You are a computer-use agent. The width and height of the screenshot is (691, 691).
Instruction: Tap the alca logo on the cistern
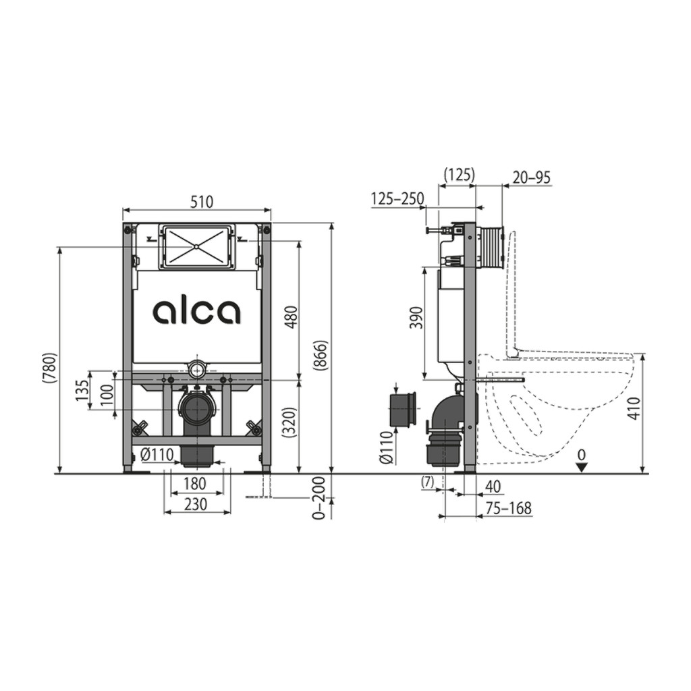[x=196, y=312]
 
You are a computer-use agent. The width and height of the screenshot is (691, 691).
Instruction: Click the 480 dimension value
[x=292, y=317]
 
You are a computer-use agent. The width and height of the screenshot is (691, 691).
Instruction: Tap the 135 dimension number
[x=82, y=390]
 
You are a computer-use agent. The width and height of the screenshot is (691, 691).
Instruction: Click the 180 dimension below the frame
[x=194, y=483]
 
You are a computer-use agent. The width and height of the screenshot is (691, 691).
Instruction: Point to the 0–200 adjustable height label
[x=319, y=498]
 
